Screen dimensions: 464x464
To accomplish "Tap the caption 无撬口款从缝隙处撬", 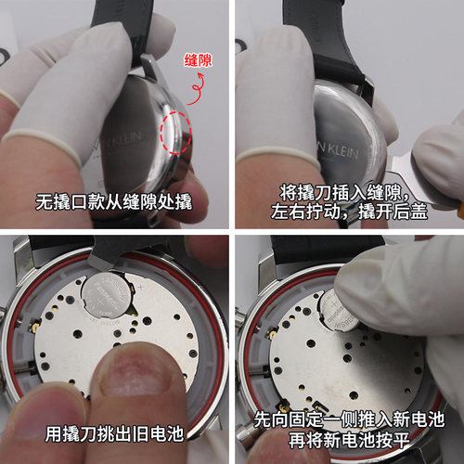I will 114,201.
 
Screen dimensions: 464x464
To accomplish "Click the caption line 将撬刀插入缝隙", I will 344,192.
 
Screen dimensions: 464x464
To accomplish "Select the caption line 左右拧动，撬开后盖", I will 344,212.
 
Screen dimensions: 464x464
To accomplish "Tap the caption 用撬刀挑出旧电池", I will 114,433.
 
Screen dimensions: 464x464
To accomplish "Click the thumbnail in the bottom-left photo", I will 130,376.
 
